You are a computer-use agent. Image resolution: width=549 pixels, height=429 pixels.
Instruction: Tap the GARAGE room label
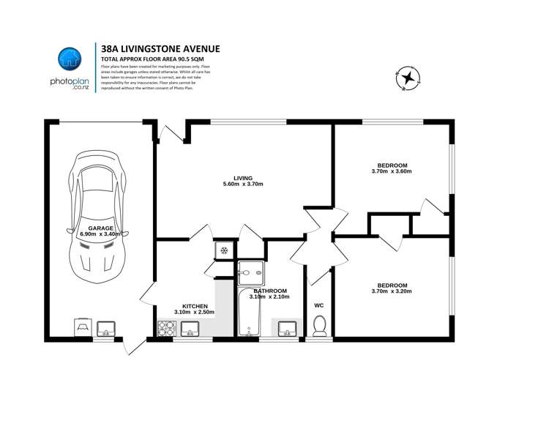pyautogui.click(x=101, y=228)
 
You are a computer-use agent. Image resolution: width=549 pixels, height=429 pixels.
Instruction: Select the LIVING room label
pyautogui.click(x=243, y=178)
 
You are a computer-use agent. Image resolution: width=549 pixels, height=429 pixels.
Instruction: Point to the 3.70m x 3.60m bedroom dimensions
pyautogui.click(x=392, y=172)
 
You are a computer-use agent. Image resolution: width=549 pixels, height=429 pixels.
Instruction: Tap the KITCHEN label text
pyautogui.click(x=195, y=306)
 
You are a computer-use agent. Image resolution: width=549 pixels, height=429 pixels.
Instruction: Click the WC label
pyautogui.click(x=318, y=305)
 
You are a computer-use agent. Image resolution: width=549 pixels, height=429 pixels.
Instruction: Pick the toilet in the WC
pyautogui.click(x=318, y=325)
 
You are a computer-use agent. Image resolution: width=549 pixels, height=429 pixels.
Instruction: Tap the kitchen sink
pyautogui.click(x=192, y=329)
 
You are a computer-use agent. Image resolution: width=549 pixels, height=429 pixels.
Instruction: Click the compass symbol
pyautogui.click(x=408, y=77)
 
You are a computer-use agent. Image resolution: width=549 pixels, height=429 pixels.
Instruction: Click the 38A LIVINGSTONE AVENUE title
pyautogui.click(x=160, y=49)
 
